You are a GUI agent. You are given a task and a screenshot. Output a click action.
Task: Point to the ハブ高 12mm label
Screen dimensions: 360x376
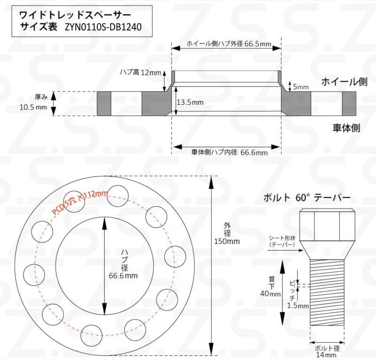[x=140, y=72]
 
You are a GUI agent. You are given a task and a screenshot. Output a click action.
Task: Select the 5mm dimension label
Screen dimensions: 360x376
[x=301, y=87]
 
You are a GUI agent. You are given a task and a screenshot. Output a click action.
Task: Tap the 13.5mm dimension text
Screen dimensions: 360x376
[x=190, y=102]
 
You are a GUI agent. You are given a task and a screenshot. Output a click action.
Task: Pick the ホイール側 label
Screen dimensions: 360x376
[x=344, y=82]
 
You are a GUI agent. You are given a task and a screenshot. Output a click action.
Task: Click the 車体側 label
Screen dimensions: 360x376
[x=346, y=127]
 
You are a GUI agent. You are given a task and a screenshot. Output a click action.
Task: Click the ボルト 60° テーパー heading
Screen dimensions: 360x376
[x=307, y=198]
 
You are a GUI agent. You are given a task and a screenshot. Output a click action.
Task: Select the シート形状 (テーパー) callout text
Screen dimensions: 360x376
[x=282, y=241]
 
